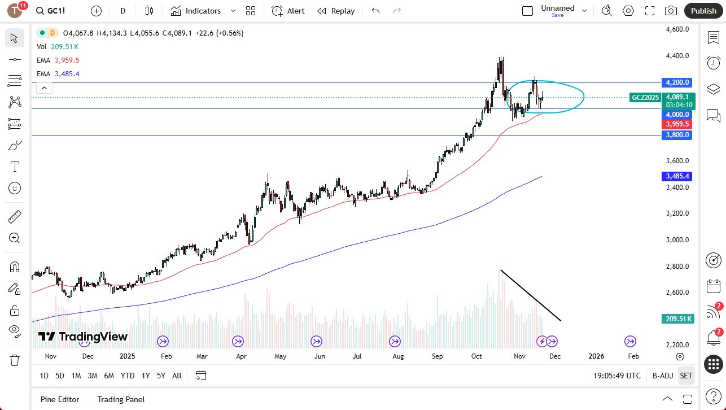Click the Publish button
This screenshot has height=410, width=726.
[x=703, y=11]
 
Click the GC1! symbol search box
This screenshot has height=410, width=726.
[x=56, y=11]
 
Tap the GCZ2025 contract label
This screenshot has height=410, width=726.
[x=645, y=97]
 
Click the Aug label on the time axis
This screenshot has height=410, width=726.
[x=398, y=356]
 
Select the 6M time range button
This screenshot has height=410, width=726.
[x=109, y=376]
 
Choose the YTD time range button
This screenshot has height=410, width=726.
[x=128, y=376]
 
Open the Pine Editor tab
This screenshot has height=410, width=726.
[x=60, y=399]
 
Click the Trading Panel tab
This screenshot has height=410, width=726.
[x=121, y=399]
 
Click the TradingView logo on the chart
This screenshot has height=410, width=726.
[x=83, y=337]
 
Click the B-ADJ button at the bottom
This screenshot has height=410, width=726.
[x=663, y=376]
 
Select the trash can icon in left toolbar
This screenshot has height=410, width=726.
[x=15, y=360]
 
